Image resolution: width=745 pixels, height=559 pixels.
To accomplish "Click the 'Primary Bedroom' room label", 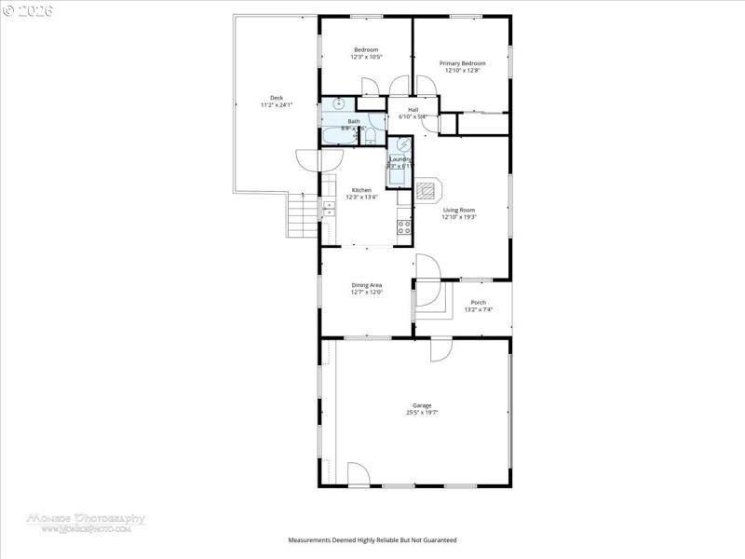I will point(463,63).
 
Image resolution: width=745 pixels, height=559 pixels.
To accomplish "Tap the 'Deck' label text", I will point(277,98).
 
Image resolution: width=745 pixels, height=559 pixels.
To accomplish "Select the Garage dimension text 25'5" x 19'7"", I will point(422,412).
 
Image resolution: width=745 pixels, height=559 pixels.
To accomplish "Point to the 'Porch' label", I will point(478,302).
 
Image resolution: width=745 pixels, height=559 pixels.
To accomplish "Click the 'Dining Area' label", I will point(366,285).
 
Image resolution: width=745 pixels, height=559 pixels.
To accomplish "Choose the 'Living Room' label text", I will point(459,211).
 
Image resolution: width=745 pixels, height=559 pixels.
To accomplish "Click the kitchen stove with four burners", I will point(404,225).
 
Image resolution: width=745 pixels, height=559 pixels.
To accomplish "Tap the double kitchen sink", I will point(328,210).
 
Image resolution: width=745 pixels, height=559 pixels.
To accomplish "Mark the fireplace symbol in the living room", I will point(427,192).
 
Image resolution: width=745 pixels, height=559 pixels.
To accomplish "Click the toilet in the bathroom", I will point(372,136).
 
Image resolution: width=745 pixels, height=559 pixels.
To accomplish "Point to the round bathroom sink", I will point(340,103).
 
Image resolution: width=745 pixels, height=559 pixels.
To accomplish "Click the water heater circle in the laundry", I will point(403,145).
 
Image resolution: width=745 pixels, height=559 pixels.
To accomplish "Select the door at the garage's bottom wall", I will point(359,474).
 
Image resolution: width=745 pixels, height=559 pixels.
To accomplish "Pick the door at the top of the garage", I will point(440,349).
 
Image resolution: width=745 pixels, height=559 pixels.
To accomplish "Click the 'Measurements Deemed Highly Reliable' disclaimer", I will point(372,540).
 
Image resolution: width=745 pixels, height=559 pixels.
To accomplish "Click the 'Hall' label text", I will point(413,110).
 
